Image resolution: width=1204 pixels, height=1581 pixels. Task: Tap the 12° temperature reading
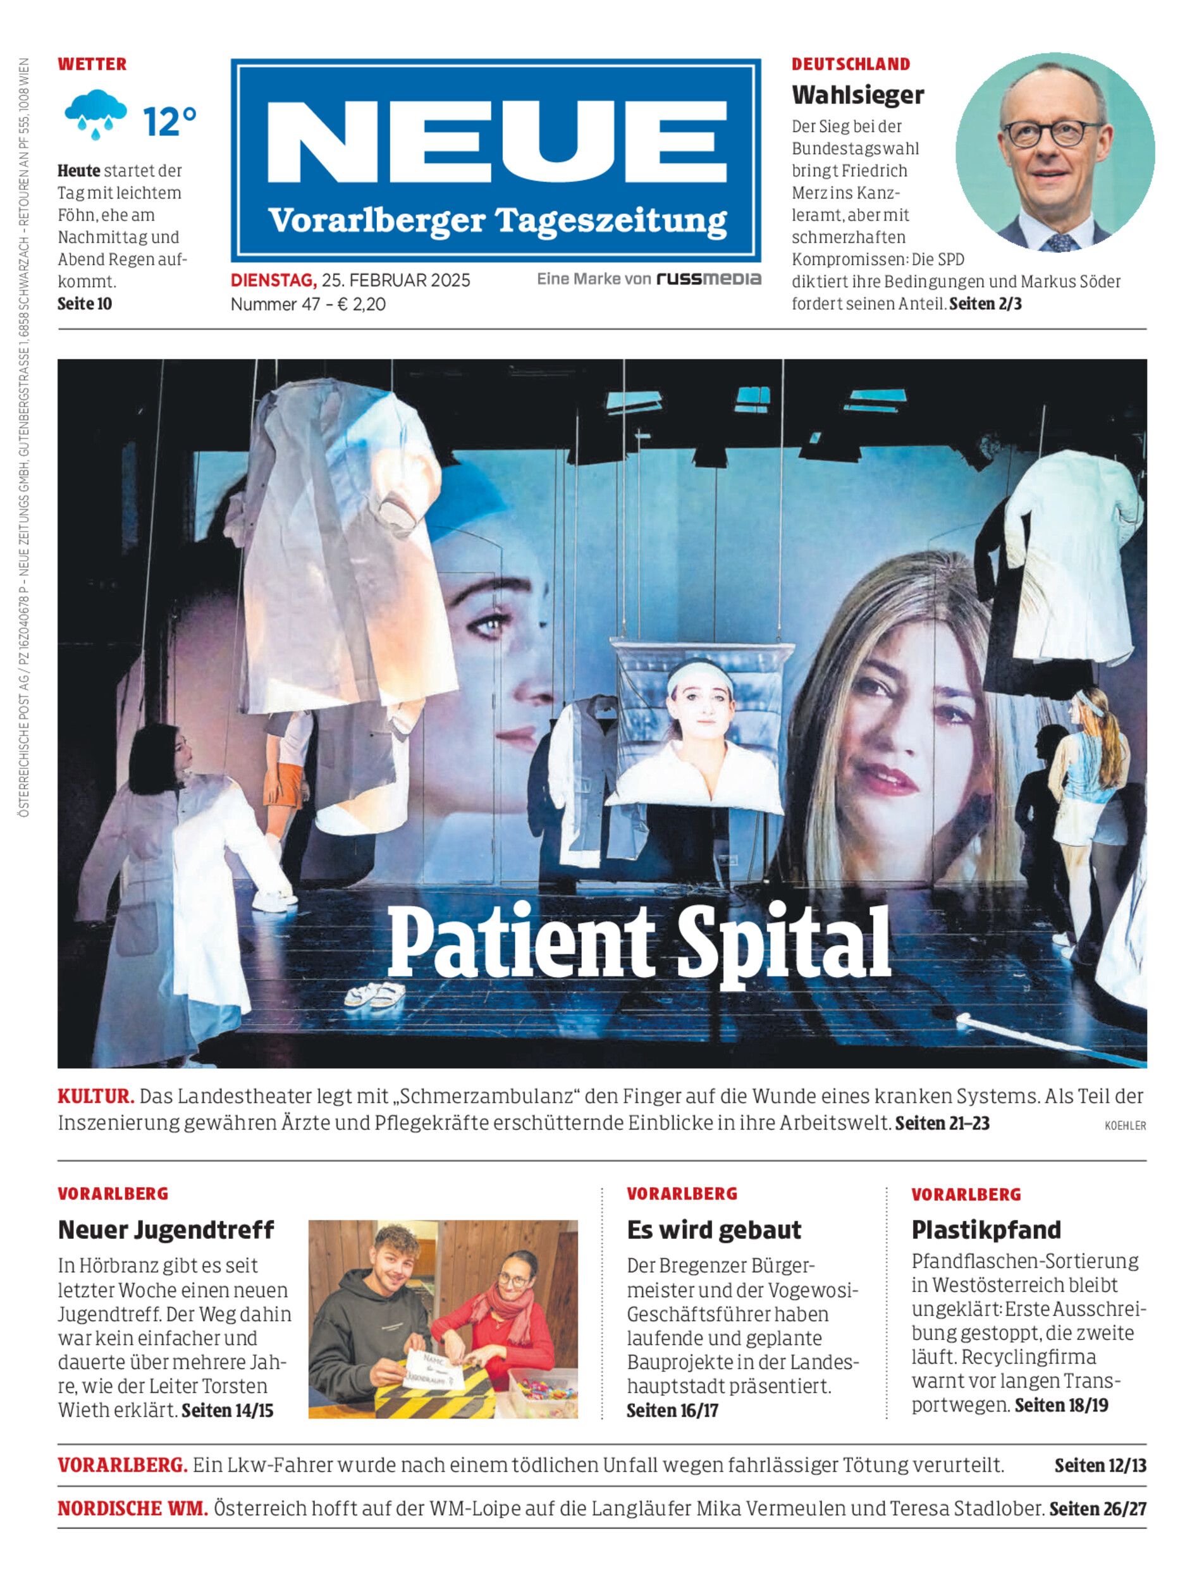click(x=169, y=121)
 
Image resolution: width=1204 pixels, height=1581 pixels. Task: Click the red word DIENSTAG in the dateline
click(x=273, y=280)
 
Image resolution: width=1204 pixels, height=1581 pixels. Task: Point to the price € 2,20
click(x=361, y=305)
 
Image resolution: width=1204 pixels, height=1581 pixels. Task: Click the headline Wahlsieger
click(x=857, y=95)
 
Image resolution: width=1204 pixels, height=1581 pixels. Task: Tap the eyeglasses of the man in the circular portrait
click(x=1053, y=133)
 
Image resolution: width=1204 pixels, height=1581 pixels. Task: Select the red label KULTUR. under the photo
click(x=95, y=1096)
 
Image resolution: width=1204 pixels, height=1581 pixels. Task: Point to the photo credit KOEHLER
click(x=1124, y=1126)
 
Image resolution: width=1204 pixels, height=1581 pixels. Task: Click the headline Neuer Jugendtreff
click(x=166, y=1230)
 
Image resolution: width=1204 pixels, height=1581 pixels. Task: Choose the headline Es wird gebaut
click(x=714, y=1230)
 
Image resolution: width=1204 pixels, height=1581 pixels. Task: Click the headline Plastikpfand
click(x=985, y=1230)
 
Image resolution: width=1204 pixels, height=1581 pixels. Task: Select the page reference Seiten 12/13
click(x=1100, y=1466)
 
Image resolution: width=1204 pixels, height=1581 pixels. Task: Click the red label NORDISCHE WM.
click(x=133, y=1509)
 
